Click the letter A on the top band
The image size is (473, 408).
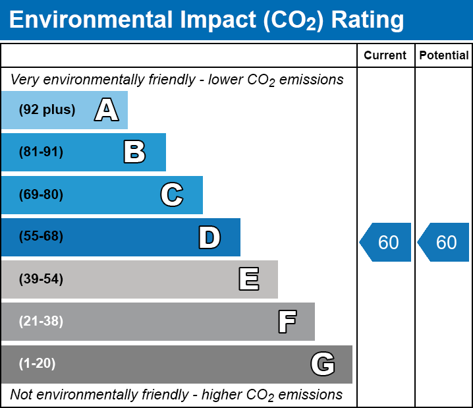coord(107,110)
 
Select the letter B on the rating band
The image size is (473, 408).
coord(134,152)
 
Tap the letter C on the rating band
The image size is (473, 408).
coord(172,195)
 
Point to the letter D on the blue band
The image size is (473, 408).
coord(209,237)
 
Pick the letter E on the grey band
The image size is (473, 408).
coord(248,279)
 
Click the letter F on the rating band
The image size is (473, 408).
coord(287,322)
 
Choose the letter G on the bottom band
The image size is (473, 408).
coord(323,364)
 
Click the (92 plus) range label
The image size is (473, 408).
coord(47,110)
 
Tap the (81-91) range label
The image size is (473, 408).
coord(41,152)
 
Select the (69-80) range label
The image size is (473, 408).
coord(41,195)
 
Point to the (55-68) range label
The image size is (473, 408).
coord(41,237)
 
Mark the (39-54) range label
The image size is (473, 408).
coord(41,279)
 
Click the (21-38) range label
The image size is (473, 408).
coord(41,322)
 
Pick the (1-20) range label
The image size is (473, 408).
coord(38,364)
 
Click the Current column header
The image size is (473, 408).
coord(385,56)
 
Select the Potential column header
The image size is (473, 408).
coord(444,56)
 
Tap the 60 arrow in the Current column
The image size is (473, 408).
coord(386,243)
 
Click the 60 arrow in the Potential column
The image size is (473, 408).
coord(444,243)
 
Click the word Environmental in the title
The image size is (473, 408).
coord(87,20)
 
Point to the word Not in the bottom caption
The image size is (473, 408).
coord(21,395)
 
